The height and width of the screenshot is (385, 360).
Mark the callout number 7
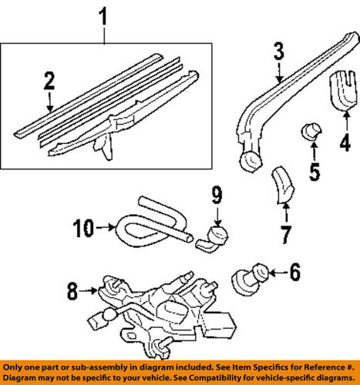tap(286, 232)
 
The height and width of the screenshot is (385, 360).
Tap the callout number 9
tap(217, 193)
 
